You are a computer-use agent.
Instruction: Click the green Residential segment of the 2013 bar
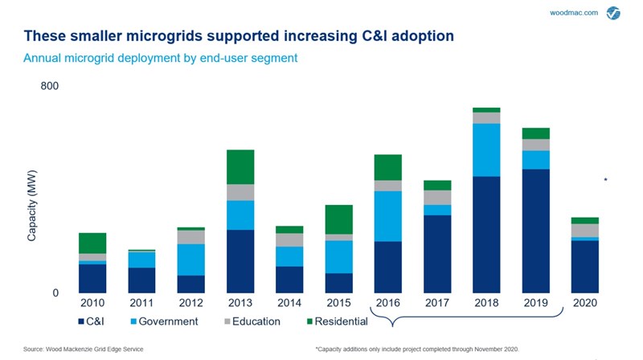pyautogui.click(x=240, y=167)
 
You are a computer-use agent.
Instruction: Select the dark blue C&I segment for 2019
pyautogui.click(x=535, y=231)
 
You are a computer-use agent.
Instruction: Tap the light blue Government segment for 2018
pyautogui.click(x=486, y=149)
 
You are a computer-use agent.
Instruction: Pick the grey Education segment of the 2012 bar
pyautogui.click(x=190, y=237)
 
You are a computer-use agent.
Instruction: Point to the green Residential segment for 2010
pyautogui.click(x=92, y=243)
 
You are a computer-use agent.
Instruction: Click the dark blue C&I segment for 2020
pyautogui.click(x=584, y=267)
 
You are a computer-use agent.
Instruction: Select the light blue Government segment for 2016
pyautogui.click(x=387, y=216)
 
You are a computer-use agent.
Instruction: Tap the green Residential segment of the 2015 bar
pyautogui.click(x=338, y=219)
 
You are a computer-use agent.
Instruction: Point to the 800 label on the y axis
pyautogui.click(x=50, y=85)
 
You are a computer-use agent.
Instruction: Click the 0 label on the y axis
pyautogui.click(x=55, y=293)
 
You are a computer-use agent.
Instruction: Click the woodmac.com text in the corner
pyautogui.click(x=573, y=13)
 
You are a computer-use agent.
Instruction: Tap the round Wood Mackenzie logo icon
pyautogui.click(x=613, y=14)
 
